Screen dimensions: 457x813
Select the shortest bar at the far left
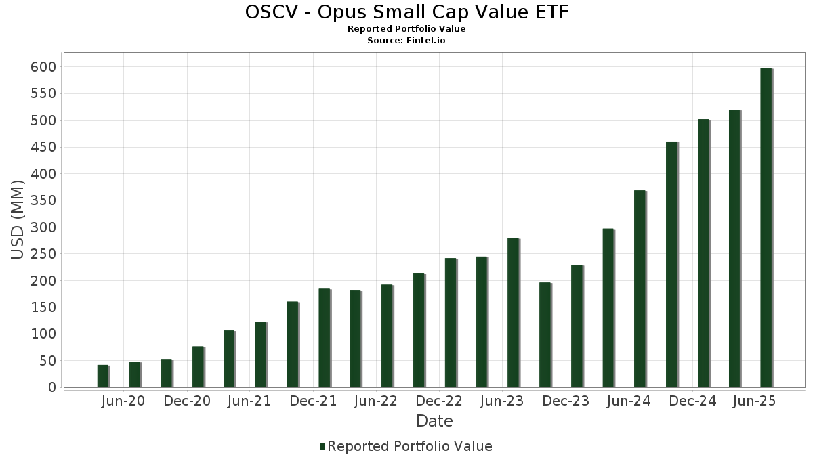coord(102,376)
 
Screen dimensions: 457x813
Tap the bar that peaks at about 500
coord(703,253)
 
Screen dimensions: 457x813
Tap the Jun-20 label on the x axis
coord(123,401)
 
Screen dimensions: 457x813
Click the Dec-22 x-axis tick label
coord(440,401)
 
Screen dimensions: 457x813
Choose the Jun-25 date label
coord(755,401)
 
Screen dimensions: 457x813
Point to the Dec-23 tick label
coord(566,401)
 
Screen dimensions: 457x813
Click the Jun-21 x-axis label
coord(249,401)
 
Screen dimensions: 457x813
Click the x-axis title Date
coord(434,421)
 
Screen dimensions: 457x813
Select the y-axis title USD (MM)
coord(18,219)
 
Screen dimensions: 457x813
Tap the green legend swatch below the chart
coord(322,446)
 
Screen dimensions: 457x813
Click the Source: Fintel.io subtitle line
coord(406,41)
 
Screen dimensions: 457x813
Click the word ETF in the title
coord(551,12)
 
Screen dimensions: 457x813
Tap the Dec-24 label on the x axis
coord(692,401)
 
